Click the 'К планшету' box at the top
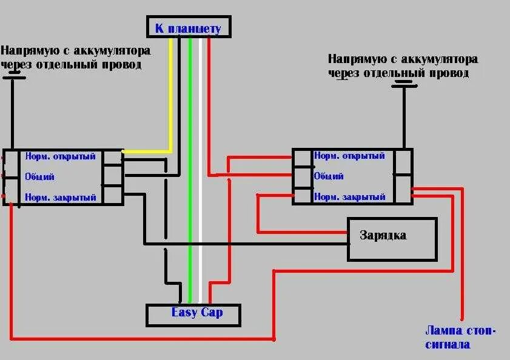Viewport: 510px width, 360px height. [x=188, y=28]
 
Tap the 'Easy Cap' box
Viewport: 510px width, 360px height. [x=193, y=314]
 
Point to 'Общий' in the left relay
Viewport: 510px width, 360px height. [x=40, y=177]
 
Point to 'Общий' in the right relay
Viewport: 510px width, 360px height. [x=329, y=176]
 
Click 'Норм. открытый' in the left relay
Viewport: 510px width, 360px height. [x=60, y=156]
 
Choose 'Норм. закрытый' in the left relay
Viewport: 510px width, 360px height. [x=60, y=198]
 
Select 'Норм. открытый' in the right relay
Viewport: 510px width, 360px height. [x=349, y=156]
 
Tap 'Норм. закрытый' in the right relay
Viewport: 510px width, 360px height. [x=349, y=197]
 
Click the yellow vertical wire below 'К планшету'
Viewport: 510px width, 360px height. [x=172, y=91]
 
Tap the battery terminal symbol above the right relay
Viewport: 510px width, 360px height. [x=405, y=85]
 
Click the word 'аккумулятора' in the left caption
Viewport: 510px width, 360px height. [x=113, y=51]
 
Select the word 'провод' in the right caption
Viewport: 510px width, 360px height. [x=448, y=73]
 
